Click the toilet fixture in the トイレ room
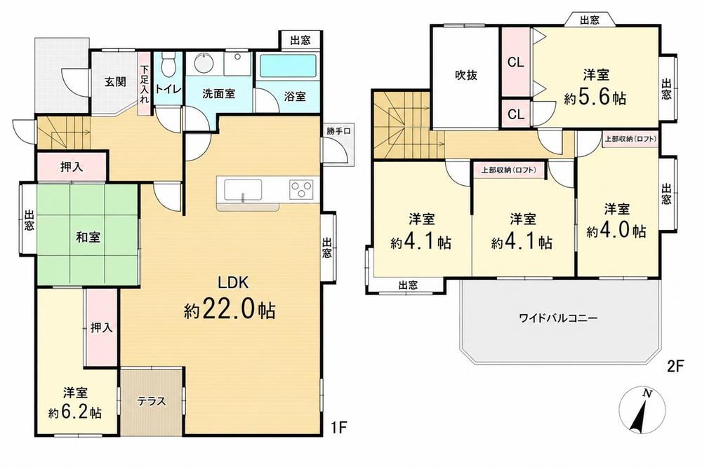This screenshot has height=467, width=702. (x=168, y=65)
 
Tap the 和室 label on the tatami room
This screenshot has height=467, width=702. (x=88, y=237)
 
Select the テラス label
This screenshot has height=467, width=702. (x=152, y=401)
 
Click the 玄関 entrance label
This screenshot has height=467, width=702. (x=115, y=82)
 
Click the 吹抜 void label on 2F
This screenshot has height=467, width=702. (x=466, y=75)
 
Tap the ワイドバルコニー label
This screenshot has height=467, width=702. (x=558, y=318)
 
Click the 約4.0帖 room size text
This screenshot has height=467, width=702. (x=617, y=231)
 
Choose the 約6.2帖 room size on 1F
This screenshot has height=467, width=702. (x=75, y=412)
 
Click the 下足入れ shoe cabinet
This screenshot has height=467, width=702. (x=144, y=85)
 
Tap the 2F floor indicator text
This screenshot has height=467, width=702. (x=676, y=367)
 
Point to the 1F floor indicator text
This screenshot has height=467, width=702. (x=338, y=428)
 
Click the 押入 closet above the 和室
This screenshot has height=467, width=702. (x=72, y=168)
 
